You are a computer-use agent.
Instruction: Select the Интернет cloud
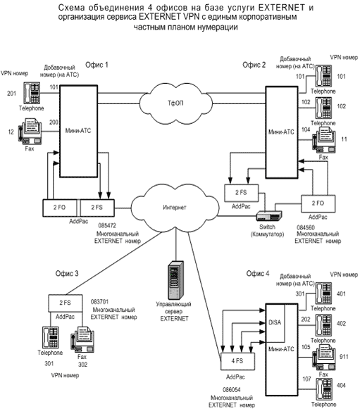175,208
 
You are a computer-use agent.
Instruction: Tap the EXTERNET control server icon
175,280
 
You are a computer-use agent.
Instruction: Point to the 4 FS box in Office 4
237,361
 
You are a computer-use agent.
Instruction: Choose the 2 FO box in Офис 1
60,208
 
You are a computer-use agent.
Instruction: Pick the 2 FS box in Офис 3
66,303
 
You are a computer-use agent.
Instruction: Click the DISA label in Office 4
275,322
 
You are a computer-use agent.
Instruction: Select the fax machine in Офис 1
30,131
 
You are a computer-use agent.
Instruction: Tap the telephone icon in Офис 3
50,338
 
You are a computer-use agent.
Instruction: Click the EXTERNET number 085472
107,225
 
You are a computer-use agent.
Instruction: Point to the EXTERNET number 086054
232,389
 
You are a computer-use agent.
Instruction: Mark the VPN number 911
344,357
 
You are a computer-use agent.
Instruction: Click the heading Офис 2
254,65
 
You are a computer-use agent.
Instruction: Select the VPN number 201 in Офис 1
11,94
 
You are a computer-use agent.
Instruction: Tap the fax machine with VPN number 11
324,140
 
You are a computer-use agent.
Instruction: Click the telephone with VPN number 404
324,389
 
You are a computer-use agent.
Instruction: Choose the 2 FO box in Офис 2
318,203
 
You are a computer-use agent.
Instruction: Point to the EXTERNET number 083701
100,302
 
